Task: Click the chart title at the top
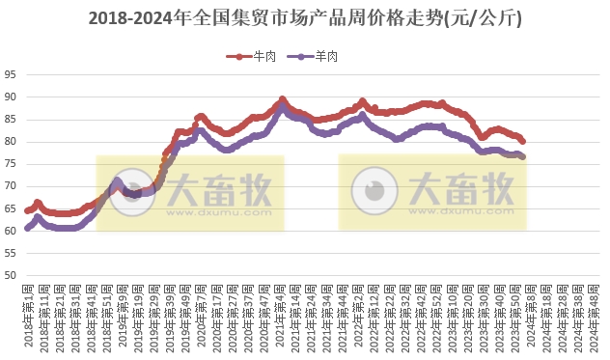305,17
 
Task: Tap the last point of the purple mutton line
522,156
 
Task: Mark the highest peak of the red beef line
282,99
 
